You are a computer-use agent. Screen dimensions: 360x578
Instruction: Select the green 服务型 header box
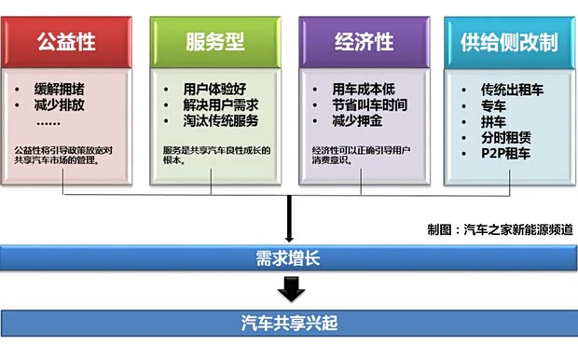click(214, 42)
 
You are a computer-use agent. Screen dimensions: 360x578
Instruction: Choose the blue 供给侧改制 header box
click(509, 42)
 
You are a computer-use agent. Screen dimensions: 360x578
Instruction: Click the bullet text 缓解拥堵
click(59, 90)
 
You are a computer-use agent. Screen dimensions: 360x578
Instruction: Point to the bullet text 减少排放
click(59, 105)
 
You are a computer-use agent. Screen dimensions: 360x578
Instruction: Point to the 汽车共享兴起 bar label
click(288, 324)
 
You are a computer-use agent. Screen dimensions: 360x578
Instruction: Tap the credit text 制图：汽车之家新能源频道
click(500, 229)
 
